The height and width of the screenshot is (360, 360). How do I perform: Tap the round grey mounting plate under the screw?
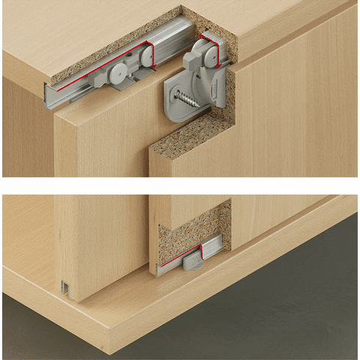tap(184, 102)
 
